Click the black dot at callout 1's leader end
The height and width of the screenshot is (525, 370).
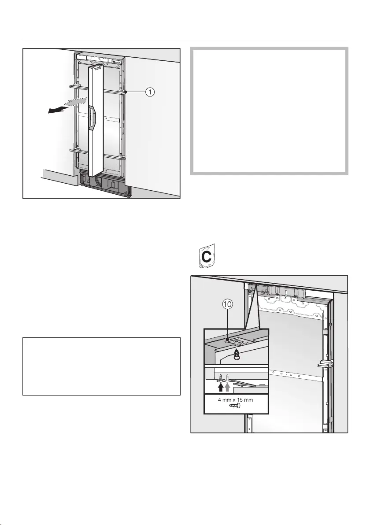(126, 92)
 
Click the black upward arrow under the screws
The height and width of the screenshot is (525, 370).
(221, 387)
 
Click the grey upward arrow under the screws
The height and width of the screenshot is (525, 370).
(227, 387)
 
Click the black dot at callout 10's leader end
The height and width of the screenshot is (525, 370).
(227, 340)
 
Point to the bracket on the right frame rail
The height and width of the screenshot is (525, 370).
(325, 364)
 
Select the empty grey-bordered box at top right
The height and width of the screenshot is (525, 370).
(270, 111)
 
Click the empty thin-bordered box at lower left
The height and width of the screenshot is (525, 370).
(101, 366)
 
